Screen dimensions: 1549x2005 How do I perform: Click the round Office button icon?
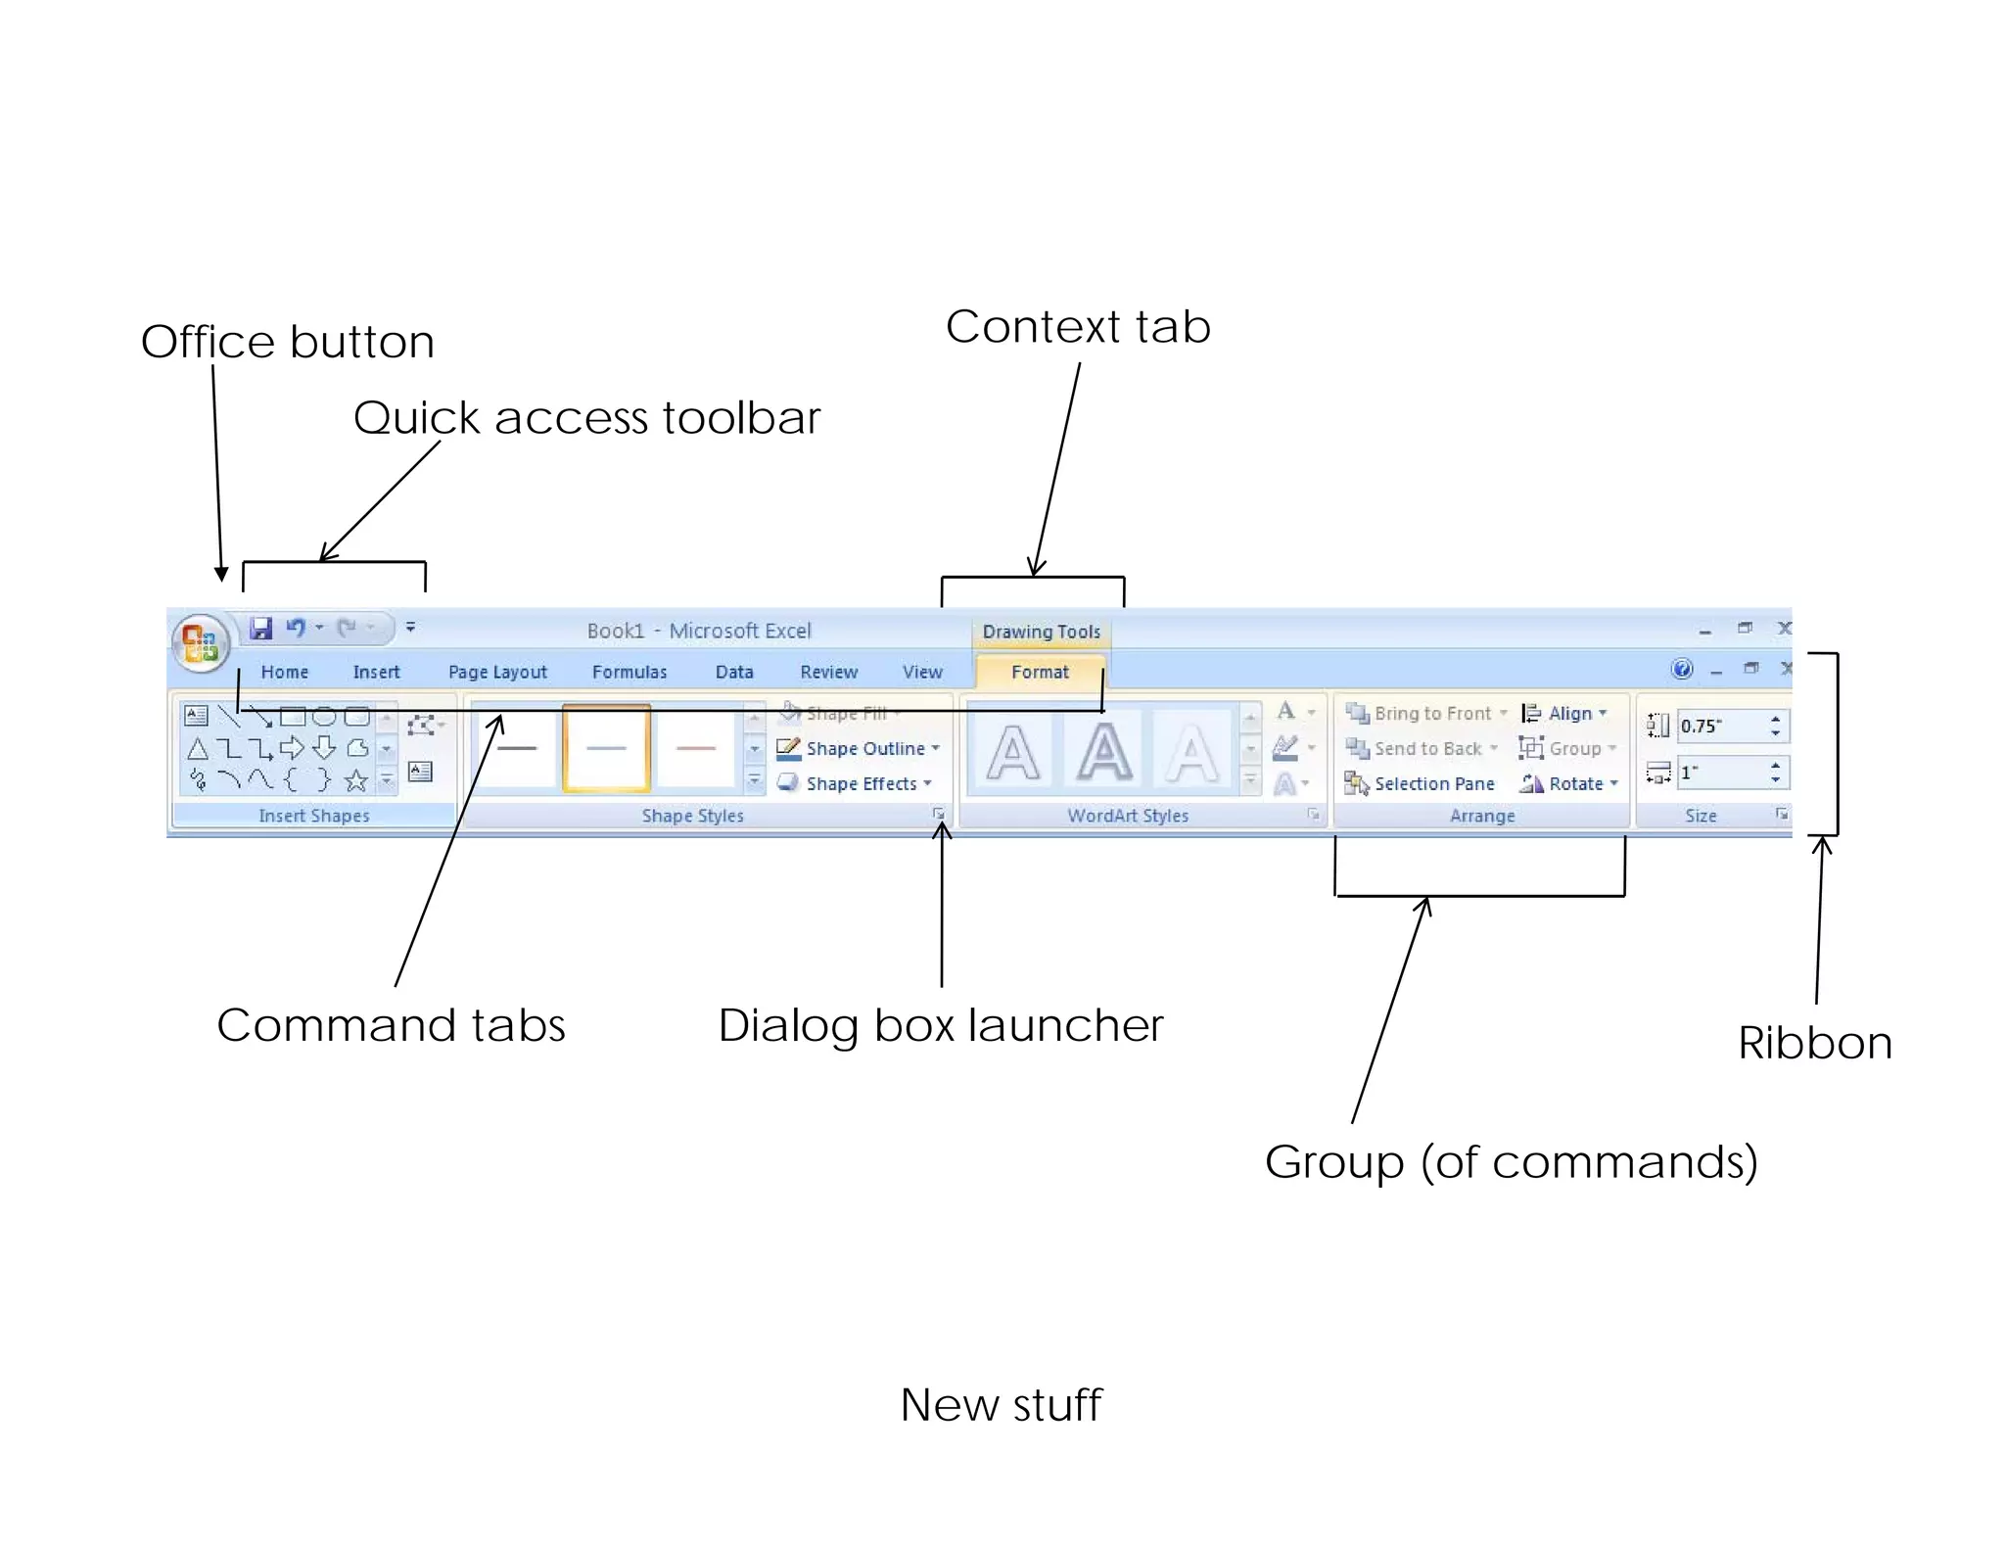pyautogui.click(x=201, y=643)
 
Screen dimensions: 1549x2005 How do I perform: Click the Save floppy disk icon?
pyautogui.click(x=260, y=628)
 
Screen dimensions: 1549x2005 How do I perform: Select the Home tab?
pyautogui.click(x=284, y=672)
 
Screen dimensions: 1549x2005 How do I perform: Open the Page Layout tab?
pyautogui.click(x=497, y=672)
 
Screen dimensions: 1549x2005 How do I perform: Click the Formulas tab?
pyautogui.click(x=629, y=672)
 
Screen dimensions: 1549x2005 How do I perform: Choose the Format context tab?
pyautogui.click(x=1040, y=672)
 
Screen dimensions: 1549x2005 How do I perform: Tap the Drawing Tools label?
pyautogui.click(x=1041, y=632)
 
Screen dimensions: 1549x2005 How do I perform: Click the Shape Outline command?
pyautogui.click(x=863, y=748)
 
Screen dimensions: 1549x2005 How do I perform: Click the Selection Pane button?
pyautogui.click(x=1432, y=783)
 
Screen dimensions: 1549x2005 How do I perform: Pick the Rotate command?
pyautogui.click(x=1574, y=783)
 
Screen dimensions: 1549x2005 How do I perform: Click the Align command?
pyautogui.click(x=1568, y=713)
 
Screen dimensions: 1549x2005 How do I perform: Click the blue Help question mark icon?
pyautogui.click(x=1682, y=669)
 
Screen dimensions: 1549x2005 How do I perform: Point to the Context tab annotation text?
pyautogui.click(x=1078, y=327)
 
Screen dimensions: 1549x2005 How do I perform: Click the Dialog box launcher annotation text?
pyautogui.click(x=941, y=1025)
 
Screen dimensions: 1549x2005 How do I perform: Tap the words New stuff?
pyautogui.click(x=1001, y=1404)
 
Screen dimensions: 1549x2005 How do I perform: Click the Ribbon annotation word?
pyautogui.click(x=1814, y=1043)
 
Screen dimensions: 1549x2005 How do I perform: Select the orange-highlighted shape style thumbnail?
pyautogui.click(x=606, y=748)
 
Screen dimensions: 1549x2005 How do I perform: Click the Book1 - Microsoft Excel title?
pyautogui.click(x=698, y=631)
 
